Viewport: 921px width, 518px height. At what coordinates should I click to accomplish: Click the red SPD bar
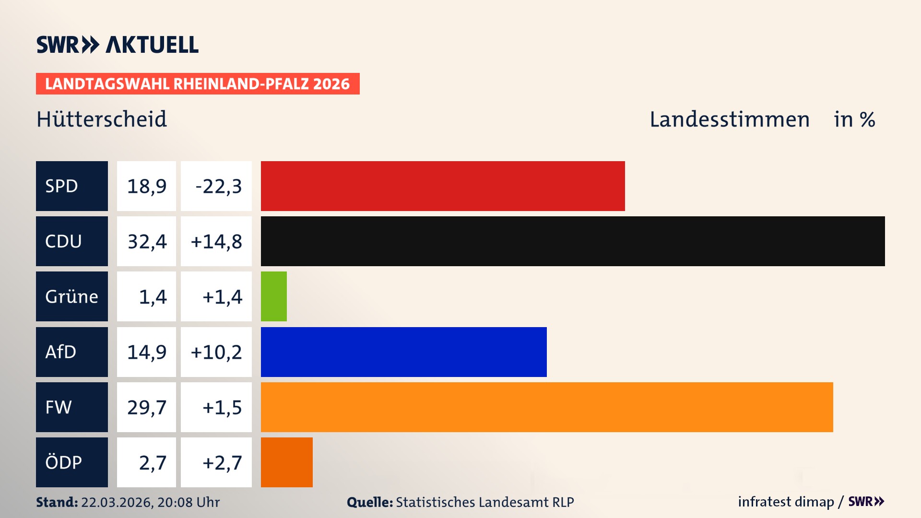pyautogui.click(x=442, y=186)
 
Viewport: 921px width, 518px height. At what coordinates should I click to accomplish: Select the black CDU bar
pyautogui.click(x=572, y=241)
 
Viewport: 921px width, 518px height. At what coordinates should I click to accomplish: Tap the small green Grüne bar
pyautogui.click(x=273, y=296)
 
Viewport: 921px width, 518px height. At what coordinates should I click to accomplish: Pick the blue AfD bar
pyautogui.click(x=403, y=352)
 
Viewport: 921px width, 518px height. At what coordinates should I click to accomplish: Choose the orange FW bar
pyautogui.click(x=546, y=407)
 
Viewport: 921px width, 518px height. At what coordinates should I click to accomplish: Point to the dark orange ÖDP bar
pyautogui.click(x=286, y=462)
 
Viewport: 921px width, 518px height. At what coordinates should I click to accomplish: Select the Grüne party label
pyautogui.click(x=71, y=296)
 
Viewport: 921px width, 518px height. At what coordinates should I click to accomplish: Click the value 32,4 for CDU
pyautogui.click(x=147, y=241)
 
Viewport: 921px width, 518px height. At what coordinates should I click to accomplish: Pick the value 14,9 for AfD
pyautogui.click(x=147, y=352)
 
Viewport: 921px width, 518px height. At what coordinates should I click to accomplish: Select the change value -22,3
pyautogui.click(x=218, y=186)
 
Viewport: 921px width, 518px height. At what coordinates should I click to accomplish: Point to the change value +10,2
pyautogui.click(x=216, y=352)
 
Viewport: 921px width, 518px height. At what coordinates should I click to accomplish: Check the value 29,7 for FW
pyautogui.click(x=147, y=407)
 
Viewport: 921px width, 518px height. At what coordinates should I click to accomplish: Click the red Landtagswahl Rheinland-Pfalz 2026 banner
pyautogui.click(x=197, y=84)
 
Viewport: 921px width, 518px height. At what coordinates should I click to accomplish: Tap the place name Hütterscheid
pyautogui.click(x=102, y=119)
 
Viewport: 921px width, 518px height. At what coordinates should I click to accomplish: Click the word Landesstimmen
pyautogui.click(x=729, y=119)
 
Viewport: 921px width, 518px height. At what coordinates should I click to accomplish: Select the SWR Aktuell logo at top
pyautogui.click(x=118, y=45)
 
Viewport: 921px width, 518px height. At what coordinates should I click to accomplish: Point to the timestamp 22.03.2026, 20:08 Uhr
pyautogui.click(x=150, y=502)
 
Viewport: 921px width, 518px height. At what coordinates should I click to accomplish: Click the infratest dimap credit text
pyautogui.click(x=785, y=502)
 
